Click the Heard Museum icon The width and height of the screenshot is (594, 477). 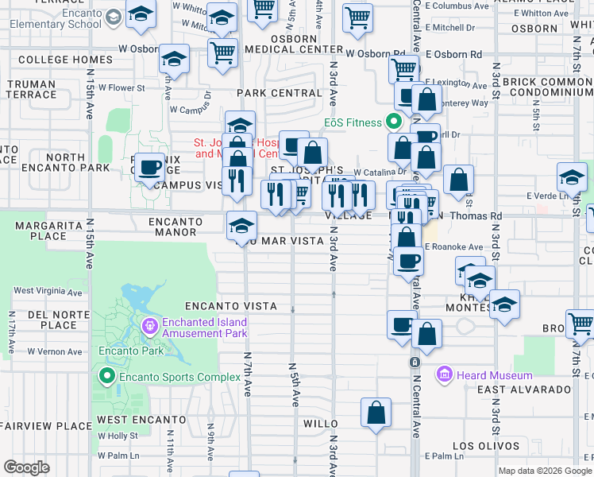tap(443, 374)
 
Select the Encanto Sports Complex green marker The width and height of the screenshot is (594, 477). tap(106, 375)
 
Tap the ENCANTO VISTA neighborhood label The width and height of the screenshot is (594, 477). tap(231, 306)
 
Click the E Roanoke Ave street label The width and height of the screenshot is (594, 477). tap(453, 247)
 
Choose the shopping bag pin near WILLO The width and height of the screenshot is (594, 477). tap(376, 413)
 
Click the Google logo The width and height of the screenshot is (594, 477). tap(26, 467)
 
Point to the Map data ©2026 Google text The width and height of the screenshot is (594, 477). tap(545, 471)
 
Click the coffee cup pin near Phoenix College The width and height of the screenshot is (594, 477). tap(149, 168)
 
